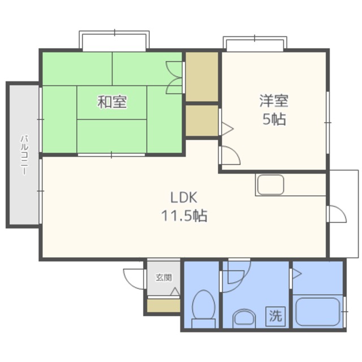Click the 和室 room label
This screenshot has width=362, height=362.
[x=112, y=102]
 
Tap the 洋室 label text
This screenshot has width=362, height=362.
[x=274, y=101]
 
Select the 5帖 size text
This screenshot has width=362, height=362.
[x=274, y=119]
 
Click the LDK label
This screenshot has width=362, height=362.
[x=184, y=197]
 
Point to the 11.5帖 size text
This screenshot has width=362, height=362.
[x=184, y=216]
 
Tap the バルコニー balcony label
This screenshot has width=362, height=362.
[x=24, y=155]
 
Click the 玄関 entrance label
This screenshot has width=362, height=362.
[x=163, y=277]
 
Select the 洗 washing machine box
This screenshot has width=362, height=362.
[x=275, y=316]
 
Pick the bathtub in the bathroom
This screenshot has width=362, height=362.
[x=317, y=312]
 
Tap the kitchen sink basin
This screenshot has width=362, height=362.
[x=270, y=185]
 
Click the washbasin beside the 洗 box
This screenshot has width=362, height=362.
[x=244, y=318]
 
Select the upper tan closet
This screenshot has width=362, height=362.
[x=202, y=77]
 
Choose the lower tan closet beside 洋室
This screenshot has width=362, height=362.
[x=202, y=120]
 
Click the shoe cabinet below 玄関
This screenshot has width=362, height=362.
[x=163, y=305]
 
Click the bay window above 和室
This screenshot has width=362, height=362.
[x=114, y=41]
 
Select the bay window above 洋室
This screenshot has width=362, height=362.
[x=255, y=44]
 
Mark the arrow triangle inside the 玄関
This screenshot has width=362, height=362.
[x=175, y=291]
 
